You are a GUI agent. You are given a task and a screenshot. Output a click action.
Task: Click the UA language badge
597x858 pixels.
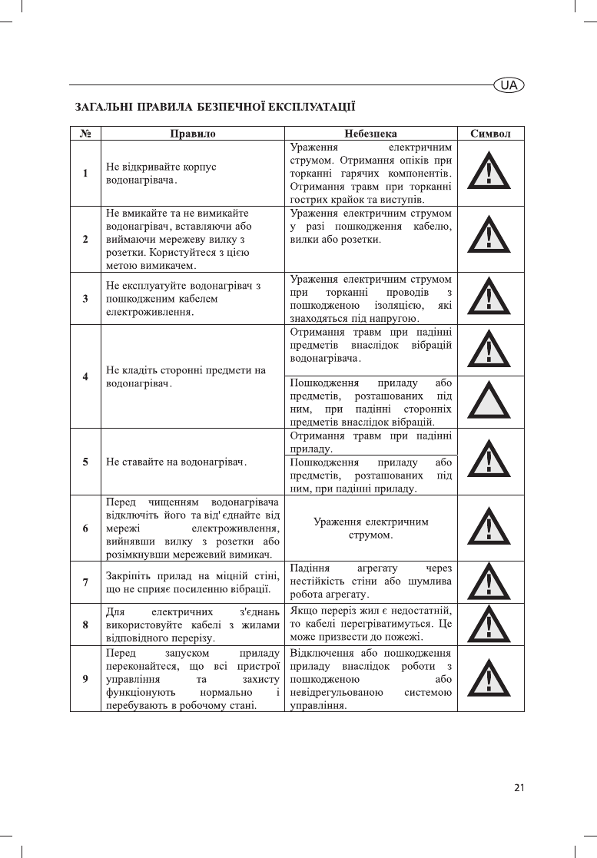tap(508, 85)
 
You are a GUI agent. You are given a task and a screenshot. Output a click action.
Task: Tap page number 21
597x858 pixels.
tap(519, 787)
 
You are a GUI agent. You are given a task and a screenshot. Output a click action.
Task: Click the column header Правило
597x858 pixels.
tap(192, 133)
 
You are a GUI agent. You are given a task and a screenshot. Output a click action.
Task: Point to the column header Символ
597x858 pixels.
tap(490, 133)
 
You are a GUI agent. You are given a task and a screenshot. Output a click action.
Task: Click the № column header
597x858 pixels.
tap(85, 133)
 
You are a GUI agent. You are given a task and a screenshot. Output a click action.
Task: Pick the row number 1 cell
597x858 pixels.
tap(85, 174)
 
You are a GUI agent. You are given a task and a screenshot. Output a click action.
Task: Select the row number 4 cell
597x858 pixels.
tap(85, 376)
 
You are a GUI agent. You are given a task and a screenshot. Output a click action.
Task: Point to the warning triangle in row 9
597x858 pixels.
tap(490, 680)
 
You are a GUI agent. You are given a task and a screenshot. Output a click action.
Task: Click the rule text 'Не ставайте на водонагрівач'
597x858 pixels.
tap(175, 462)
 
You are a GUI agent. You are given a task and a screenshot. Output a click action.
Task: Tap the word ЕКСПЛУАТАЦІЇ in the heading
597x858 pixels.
tap(316, 105)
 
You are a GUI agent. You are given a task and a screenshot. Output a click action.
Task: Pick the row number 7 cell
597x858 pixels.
tap(85, 581)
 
